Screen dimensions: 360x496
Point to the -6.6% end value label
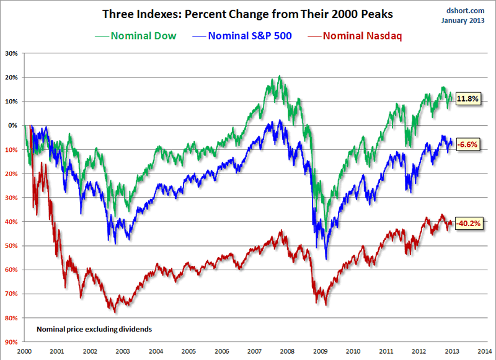click(x=467, y=144)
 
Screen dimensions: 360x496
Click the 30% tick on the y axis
click(x=12, y=53)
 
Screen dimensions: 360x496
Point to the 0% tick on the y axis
click(x=14, y=125)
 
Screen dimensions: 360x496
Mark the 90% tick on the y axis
click(x=12, y=341)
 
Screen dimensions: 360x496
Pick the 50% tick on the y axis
click(x=12, y=245)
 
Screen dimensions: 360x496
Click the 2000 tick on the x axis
click(x=25, y=351)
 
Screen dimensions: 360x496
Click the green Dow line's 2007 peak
click(x=280, y=76)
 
